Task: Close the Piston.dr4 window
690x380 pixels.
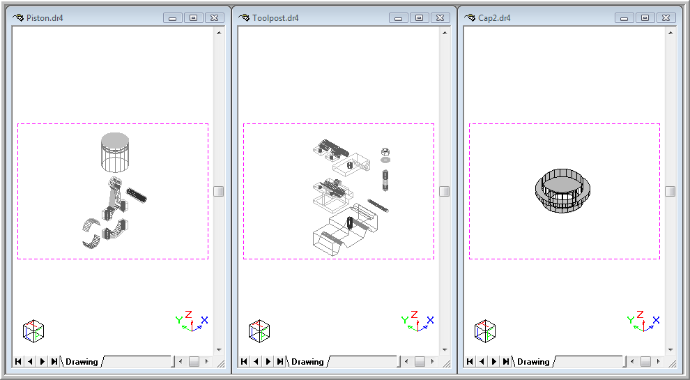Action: tap(214, 18)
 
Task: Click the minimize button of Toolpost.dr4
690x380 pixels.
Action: tap(398, 18)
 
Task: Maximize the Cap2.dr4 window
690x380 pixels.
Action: tap(645, 18)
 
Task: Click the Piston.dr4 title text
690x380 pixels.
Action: tap(45, 18)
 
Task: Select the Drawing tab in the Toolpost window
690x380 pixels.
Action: tap(307, 361)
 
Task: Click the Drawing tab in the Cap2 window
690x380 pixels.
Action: tap(533, 361)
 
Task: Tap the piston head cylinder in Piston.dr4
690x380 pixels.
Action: tap(115, 152)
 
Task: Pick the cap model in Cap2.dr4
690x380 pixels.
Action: tap(563, 191)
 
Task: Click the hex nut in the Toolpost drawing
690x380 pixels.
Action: tap(385, 152)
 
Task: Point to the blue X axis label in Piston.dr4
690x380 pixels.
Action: tap(204, 320)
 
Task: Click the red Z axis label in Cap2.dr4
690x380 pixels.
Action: tap(641, 314)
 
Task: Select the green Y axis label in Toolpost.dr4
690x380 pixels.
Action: tap(405, 320)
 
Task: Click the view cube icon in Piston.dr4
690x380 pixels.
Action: tap(33, 330)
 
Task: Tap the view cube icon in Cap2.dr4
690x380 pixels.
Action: tap(485, 330)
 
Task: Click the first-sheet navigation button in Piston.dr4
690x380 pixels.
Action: tap(18, 361)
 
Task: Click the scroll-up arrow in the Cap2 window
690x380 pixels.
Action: tap(670, 33)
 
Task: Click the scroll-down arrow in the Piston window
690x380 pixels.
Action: tap(219, 350)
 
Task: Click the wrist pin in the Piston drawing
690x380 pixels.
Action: tap(137, 195)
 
